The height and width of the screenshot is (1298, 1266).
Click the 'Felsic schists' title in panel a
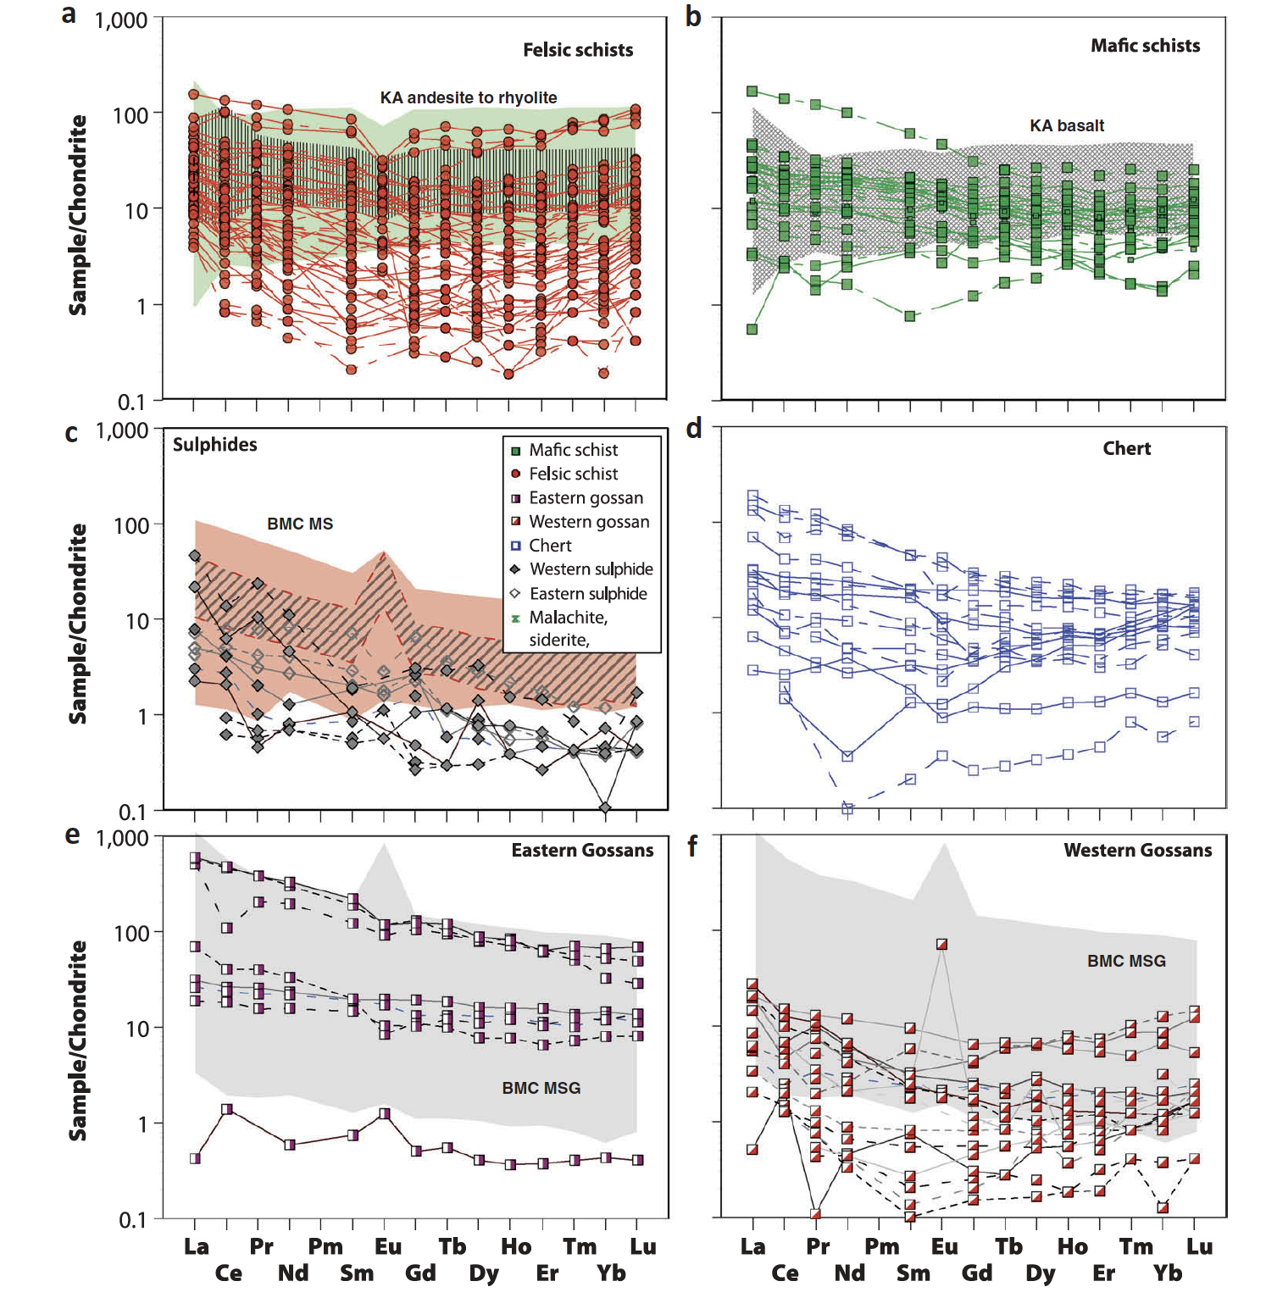click(x=578, y=50)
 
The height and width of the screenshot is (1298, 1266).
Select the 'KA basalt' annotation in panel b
click(x=1066, y=125)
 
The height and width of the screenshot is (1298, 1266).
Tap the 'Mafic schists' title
click(x=1145, y=46)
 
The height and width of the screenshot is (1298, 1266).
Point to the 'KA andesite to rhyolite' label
click(x=469, y=97)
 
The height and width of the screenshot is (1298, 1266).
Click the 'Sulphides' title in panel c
click(x=215, y=445)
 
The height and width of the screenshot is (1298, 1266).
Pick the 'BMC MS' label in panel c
click(x=300, y=524)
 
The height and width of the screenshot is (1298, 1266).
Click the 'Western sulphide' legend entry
click(x=591, y=569)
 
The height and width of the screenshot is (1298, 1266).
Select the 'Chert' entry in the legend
click(x=550, y=546)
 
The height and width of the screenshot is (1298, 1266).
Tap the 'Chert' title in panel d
click(x=1126, y=448)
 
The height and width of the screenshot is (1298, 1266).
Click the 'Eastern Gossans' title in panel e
click(x=582, y=850)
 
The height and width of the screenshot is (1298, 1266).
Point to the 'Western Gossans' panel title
click(x=1137, y=850)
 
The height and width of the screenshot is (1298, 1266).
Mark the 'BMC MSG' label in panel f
click(x=1126, y=961)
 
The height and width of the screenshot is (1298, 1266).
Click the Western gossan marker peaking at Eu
click(x=941, y=944)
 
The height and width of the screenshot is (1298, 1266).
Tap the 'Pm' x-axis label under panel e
click(x=325, y=1246)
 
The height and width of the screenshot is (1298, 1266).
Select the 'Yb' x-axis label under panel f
click(x=1167, y=1273)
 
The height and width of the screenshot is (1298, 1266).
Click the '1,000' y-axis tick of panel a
click(x=121, y=20)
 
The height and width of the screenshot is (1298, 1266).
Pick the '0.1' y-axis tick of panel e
click(x=132, y=1220)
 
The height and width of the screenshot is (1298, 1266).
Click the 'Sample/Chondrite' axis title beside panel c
click(x=78, y=623)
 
